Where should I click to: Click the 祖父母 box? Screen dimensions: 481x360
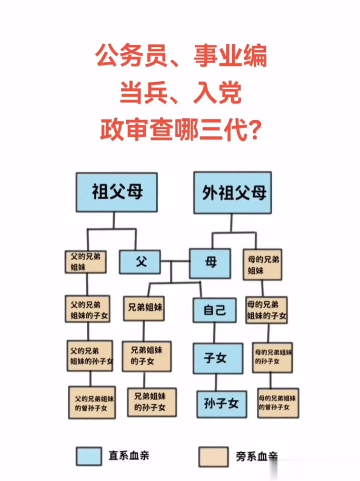(x=117, y=192)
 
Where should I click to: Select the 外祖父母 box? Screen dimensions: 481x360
(x=233, y=193)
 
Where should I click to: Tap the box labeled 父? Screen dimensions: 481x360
(x=140, y=262)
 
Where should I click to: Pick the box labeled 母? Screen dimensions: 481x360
(x=210, y=263)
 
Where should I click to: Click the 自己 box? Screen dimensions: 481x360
(x=215, y=310)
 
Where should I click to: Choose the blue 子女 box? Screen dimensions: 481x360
(x=218, y=358)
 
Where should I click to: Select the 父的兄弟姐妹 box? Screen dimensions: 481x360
(x=86, y=262)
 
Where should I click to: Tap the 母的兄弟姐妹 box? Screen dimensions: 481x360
(x=263, y=265)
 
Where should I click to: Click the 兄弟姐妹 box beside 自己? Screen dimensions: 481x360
(x=144, y=308)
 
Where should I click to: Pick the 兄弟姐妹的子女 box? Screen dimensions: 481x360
(x=147, y=356)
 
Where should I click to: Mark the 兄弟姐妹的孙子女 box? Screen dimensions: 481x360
(x=152, y=402)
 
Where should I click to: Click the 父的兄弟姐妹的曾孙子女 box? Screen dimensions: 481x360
(x=92, y=403)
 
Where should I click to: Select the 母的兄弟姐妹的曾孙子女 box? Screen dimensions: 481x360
(x=278, y=403)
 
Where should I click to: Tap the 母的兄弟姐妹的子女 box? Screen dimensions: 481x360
(x=267, y=310)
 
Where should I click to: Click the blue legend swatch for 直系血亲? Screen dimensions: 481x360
(x=89, y=456)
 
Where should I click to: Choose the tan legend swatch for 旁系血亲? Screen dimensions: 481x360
(x=214, y=457)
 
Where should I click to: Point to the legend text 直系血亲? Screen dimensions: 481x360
(x=129, y=455)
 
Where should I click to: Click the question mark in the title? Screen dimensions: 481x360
(x=254, y=130)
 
